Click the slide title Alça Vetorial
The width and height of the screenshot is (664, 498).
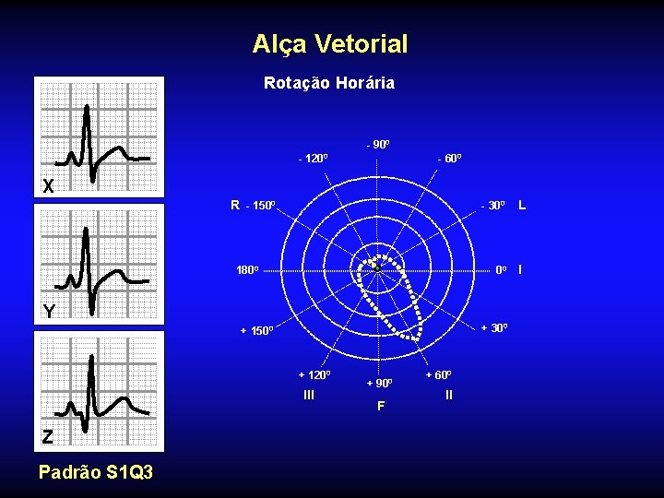pyautogui.click(x=329, y=43)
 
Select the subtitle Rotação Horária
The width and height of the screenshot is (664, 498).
pyautogui.click(x=329, y=83)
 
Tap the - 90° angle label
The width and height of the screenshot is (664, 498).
pyautogui.click(x=378, y=145)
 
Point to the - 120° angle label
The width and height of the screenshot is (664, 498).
pyautogui.click(x=313, y=159)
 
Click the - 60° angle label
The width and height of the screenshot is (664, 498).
pyautogui.click(x=449, y=159)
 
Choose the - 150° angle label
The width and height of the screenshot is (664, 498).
pyautogui.click(x=260, y=205)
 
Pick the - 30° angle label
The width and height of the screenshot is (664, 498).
pyautogui.click(x=492, y=205)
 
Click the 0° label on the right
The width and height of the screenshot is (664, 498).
pyautogui.click(x=501, y=270)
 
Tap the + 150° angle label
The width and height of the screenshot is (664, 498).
pyautogui.click(x=257, y=330)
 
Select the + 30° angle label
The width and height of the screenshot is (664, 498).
pyautogui.click(x=492, y=328)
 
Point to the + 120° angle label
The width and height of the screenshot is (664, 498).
pyautogui.click(x=314, y=374)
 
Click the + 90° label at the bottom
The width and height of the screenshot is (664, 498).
pyautogui.click(x=379, y=383)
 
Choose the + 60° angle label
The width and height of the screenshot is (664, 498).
pyautogui.click(x=438, y=374)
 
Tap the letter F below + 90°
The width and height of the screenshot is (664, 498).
pyautogui.click(x=379, y=405)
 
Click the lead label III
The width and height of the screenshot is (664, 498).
pyautogui.click(x=309, y=395)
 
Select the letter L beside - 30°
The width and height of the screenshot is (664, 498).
pyautogui.click(x=522, y=204)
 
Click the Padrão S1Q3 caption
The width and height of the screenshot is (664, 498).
pyautogui.click(x=95, y=472)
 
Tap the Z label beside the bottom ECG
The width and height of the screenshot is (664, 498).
pyautogui.click(x=47, y=437)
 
